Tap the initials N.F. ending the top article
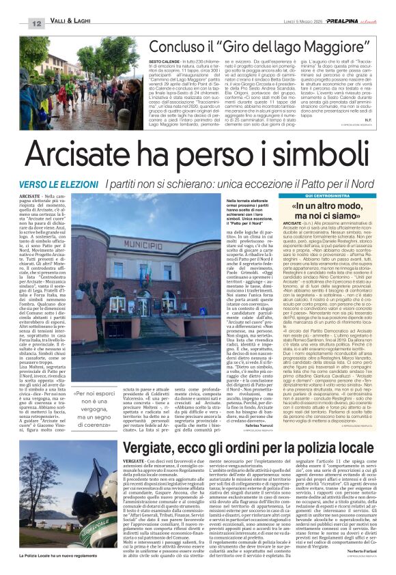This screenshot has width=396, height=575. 365,120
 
